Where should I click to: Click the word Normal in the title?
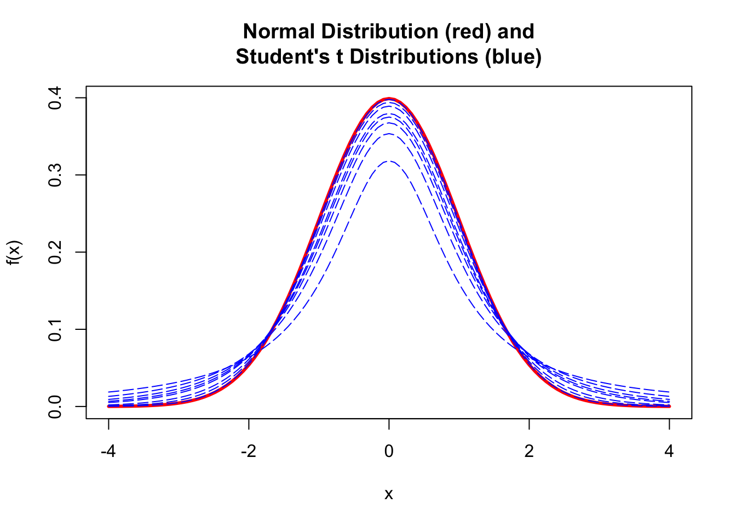279,32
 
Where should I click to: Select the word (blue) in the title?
513,56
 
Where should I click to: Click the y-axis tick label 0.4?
55,98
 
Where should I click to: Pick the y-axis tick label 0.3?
55,175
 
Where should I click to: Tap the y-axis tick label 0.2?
55,253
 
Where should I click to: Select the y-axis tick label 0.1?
55,329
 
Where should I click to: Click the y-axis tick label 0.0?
55,407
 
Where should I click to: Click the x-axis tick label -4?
108,451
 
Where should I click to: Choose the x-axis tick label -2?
249,451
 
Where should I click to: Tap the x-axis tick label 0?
389,451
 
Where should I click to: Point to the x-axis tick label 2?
529,451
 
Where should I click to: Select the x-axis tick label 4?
669,451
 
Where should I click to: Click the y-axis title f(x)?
15,253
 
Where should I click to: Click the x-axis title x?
389,494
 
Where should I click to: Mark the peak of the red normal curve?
389,99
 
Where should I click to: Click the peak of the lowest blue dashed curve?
389,161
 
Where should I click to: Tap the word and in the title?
516,32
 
